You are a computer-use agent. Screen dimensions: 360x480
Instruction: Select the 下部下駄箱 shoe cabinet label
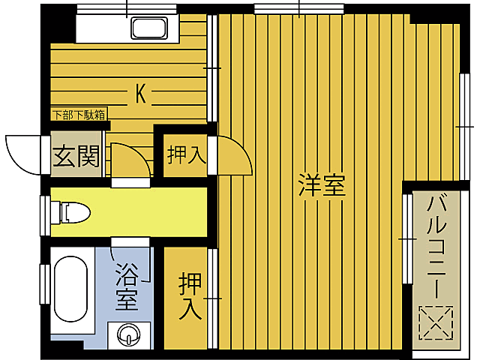[x=78, y=115]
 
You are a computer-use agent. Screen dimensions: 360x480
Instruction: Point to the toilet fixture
[x=76, y=212]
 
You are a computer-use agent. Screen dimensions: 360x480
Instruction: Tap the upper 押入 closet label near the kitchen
[x=184, y=155]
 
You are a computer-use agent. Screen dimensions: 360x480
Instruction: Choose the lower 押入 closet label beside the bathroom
[x=190, y=296]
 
